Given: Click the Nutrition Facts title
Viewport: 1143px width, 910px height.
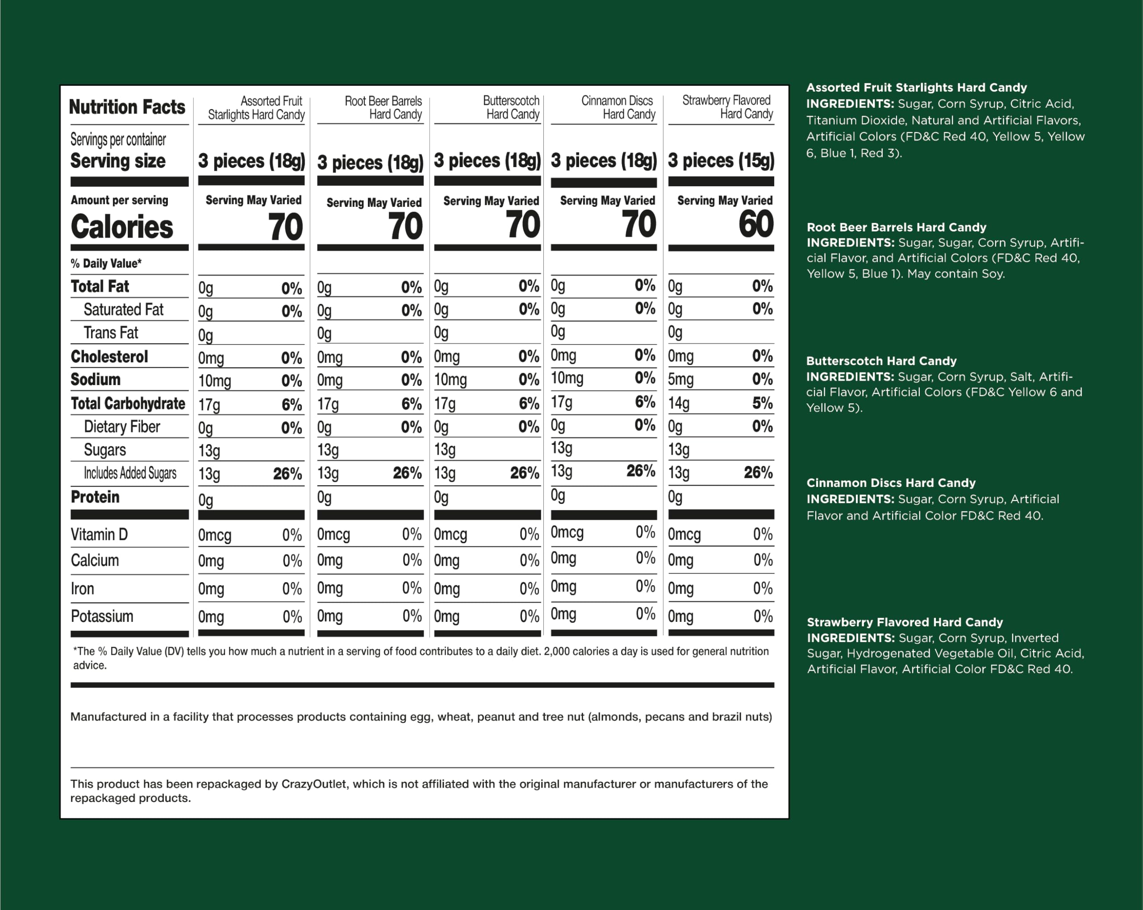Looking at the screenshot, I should pos(127,107).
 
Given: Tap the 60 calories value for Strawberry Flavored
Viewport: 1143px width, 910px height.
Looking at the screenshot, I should pos(755,224).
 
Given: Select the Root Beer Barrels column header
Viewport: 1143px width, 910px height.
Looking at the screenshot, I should pos(383,108).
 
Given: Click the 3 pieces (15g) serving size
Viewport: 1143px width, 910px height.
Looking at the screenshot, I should pos(721,160).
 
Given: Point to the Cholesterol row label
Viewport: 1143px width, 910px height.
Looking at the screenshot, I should pos(109,356).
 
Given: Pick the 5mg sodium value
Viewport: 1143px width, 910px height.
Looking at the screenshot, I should pos(681,379).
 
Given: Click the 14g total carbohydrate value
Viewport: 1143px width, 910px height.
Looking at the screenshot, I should pos(679,403).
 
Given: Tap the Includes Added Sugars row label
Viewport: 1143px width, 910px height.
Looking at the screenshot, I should pos(130,473).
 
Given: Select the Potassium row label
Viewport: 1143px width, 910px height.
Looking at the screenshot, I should pos(102,616).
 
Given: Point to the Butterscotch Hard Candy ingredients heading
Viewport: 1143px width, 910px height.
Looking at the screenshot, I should pos(881,361).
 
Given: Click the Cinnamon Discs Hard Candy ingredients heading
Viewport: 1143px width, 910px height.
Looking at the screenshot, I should pos(891,483).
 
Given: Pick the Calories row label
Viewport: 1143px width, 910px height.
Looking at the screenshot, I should pos(122,227).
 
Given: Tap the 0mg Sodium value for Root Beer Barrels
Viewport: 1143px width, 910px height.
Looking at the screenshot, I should pos(330,380).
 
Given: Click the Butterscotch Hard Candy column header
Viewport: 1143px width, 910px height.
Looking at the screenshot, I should pos(512,108).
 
